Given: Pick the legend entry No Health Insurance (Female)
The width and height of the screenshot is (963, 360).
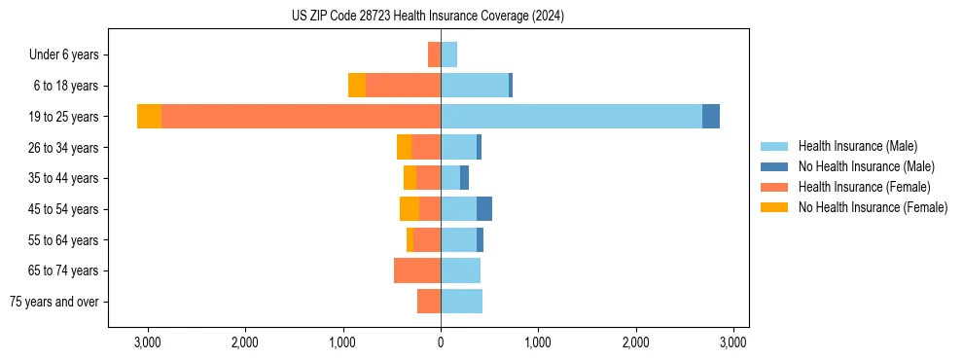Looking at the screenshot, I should tap(872, 207).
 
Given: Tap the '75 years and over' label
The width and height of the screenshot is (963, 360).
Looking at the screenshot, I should tap(54, 302).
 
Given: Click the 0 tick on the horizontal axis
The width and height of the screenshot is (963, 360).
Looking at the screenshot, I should tap(441, 342).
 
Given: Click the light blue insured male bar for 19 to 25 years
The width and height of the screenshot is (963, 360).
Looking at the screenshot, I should tap(571, 117).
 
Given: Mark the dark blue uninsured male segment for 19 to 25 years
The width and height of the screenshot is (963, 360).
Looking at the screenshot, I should tap(711, 117).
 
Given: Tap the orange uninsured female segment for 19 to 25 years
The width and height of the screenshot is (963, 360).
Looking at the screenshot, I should tap(149, 117).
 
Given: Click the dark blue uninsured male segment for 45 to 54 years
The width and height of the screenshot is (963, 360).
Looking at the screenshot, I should tap(484, 209).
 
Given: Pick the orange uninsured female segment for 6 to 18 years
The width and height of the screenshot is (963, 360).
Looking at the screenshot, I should tap(357, 86).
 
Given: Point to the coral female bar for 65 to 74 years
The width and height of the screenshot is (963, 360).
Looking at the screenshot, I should tap(417, 270).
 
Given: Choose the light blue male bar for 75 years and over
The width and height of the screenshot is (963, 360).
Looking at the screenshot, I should tap(461, 302).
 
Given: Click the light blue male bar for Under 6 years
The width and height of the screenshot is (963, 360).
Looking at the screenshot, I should tap(448, 54).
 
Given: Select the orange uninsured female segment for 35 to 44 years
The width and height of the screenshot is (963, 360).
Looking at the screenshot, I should tap(410, 178).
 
